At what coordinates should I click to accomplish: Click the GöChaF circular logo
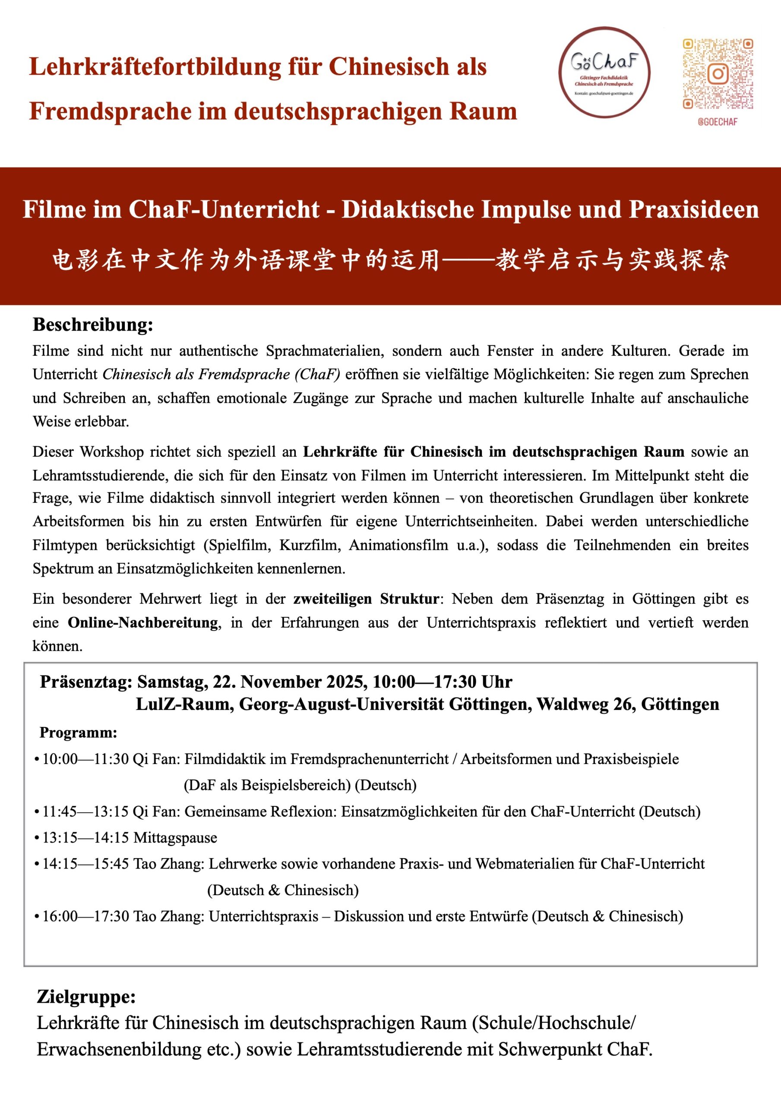click(604, 72)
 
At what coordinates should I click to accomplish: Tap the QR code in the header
click(718, 74)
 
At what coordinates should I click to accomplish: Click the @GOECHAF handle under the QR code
click(718, 122)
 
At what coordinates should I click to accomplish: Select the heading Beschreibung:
click(93, 325)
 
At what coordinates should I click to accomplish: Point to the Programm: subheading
click(79, 732)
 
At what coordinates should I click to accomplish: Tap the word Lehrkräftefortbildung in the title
click(155, 66)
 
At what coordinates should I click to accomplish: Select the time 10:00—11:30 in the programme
click(86, 759)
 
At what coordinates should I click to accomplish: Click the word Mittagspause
click(175, 837)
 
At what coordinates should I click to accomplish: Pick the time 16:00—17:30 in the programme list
click(86, 916)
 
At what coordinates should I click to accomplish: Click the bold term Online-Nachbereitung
click(143, 622)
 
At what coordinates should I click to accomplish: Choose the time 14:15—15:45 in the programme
click(86, 863)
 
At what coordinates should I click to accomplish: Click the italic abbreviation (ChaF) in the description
click(317, 374)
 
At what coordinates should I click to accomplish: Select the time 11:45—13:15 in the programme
click(86, 811)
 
